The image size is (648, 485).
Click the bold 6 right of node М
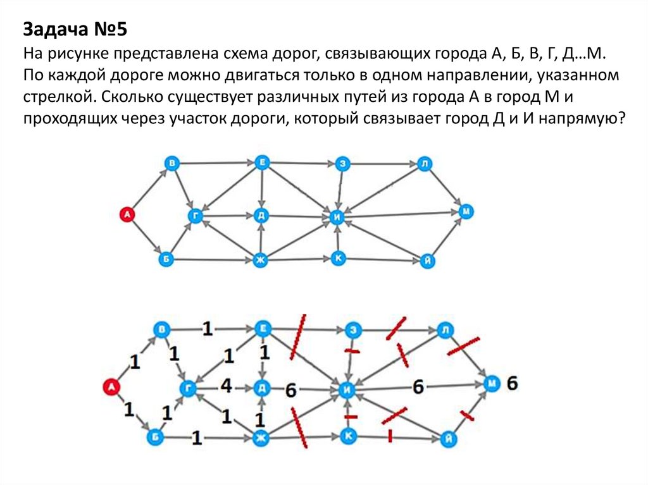[x=513, y=383]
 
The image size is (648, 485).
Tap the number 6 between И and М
[x=418, y=387]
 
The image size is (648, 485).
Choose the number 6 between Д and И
[x=290, y=390]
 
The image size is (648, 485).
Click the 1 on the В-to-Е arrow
[x=207, y=329]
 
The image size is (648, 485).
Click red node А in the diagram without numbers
[x=127, y=215]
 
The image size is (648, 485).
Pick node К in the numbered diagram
[x=347, y=435]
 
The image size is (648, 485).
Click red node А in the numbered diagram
[x=111, y=387]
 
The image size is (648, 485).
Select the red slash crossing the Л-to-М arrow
[x=463, y=345]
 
